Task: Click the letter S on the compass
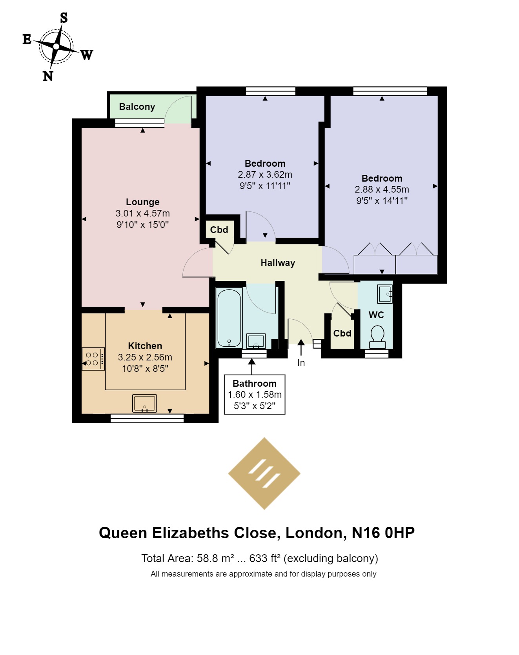pyautogui.click(x=64, y=18)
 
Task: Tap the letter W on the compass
pyautogui.click(x=87, y=55)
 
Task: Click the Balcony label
pyautogui.click(x=137, y=107)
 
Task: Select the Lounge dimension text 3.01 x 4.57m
pyautogui.click(x=142, y=213)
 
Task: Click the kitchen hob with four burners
pyautogui.click(x=93, y=359)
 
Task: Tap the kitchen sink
pyautogui.click(x=145, y=404)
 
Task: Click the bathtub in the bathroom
pyautogui.click(x=229, y=318)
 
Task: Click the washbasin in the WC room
pyautogui.click(x=385, y=294)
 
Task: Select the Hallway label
pyautogui.click(x=278, y=263)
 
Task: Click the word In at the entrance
pyautogui.click(x=301, y=363)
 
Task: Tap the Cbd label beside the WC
pyautogui.click(x=342, y=333)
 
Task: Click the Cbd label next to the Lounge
pyautogui.click(x=219, y=230)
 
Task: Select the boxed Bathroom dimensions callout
pyautogui.click(x=255, y=395)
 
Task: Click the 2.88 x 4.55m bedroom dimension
pyautogui.click(x=382, y=189)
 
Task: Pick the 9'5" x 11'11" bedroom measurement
pyautogui.click(x=265, y=186)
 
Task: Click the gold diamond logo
pyautogui.click(x=264, y=473)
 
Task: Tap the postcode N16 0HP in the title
pyautogui.click(x=383, y=533)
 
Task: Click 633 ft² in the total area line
pyautogui.click(x=264, y=558)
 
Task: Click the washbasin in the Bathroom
pyautogui.click(x=256, y=340)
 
